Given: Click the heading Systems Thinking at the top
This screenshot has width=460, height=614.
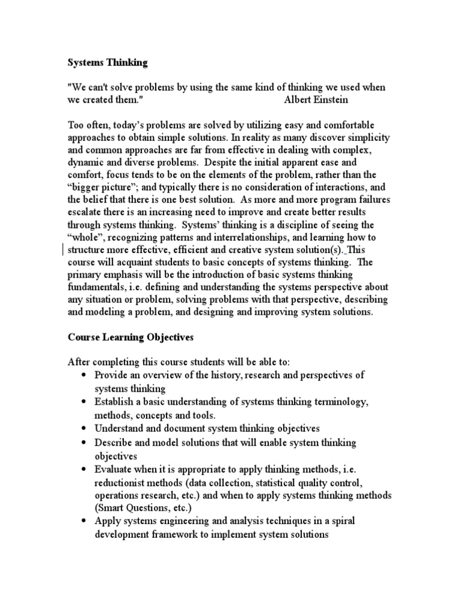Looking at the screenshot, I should click(x=107, y=62).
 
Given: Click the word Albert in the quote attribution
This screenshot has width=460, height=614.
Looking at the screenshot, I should click(x=298, y=100).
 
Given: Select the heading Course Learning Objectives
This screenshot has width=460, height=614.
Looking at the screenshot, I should click(x=130, y=337).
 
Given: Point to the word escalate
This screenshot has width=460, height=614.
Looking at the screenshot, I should click(x=85, y=212).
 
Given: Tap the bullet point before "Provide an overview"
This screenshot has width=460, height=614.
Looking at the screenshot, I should click(x=82, y=375).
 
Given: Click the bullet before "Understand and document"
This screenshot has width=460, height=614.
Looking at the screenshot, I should click(x=82, y=429).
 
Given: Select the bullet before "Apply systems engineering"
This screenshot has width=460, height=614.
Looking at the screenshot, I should click(x=82, y=522).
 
